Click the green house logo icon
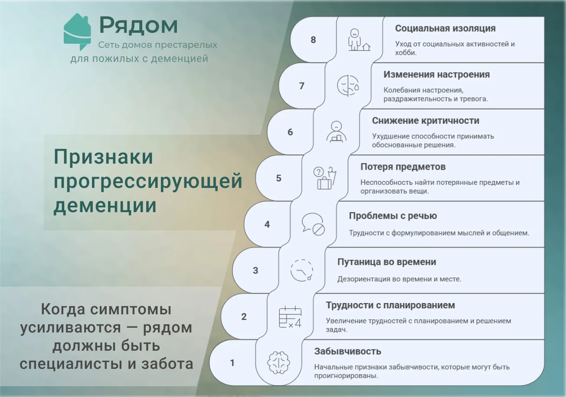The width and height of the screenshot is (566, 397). pyautogui.click(x=77, y=32)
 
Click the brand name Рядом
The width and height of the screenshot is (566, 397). pyautogui.click(x=138, y=25)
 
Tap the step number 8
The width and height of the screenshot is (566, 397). pyautogui.click(x=313, y=40)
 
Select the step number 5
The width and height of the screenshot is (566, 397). pyautogui.click(x=278, y=178)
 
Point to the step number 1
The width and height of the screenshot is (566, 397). pyautogui.click(x=232, y=363)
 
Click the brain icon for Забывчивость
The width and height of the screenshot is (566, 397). pyautogui.click(x=278, y=362)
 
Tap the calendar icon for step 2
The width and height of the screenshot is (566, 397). pyautogui.click(x=290, y=317)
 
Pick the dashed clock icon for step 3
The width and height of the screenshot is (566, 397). pyautogui.click(x=302, y=271)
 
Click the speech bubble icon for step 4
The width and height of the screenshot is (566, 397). pyautogui.click(x=313, y=224)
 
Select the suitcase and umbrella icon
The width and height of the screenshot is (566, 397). pyautogui.click(x=325, y=178)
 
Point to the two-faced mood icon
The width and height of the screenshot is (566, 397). pyautogui.click(x=348, y=86)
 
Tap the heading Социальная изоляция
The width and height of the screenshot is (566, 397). pyautogui.click(x=445, y=28)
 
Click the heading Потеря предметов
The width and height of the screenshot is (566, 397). pyautogui.click(x=403, y=167)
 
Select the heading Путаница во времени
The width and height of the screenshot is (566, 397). pyautogui.click(x=387, y=262)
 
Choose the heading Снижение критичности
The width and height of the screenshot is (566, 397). pyautogui.click(x=425, y=120)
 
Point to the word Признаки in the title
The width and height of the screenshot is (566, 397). pyautogui.click(x=103, y=157)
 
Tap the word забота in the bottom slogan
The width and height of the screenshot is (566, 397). pyautogui.click(x=167, y=364)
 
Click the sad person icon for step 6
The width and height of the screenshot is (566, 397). pyautogui.click(x=336, y=132)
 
